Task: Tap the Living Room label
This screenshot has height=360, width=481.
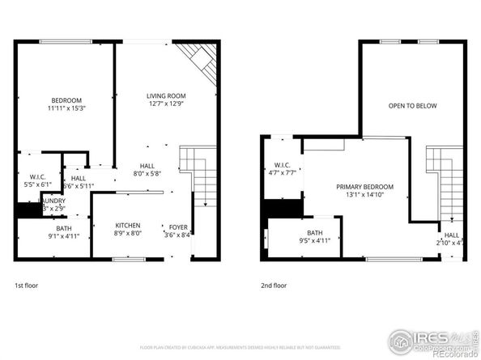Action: [165, 95]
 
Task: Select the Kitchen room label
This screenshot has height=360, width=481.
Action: [127, 226]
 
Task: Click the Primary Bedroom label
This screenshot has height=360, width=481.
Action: [365, 186]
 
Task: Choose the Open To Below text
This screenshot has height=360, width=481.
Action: [412, 106]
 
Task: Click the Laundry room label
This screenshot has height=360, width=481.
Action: [53, 201]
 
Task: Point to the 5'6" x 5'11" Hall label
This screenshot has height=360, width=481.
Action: [78, 178]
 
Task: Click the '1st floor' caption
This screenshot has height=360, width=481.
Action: [26, 286]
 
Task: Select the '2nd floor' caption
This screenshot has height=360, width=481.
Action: [273, 286]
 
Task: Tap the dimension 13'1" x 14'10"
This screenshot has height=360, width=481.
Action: [365, 194]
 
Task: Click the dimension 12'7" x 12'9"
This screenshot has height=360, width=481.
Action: [165, 104]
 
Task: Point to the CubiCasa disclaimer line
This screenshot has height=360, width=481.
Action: [240, 347]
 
